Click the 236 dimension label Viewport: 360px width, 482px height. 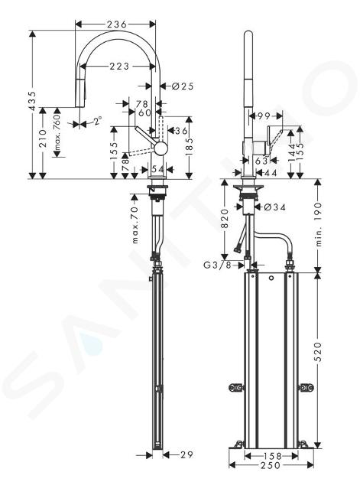117,24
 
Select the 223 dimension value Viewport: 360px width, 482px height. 119,66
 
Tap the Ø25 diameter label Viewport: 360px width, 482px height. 183,86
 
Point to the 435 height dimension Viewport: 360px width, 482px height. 34,100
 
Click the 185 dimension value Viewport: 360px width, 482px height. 190,147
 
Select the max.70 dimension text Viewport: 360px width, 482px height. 135,220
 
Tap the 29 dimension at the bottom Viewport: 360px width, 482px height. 186,454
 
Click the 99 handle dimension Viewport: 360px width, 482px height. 264,116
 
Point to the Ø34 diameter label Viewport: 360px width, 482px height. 274,207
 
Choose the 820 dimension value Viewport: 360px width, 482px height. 225,219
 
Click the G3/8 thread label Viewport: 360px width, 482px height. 217,265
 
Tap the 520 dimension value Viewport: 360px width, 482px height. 318,351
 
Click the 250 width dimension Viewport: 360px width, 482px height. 271,466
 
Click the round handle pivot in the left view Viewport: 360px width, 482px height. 161,148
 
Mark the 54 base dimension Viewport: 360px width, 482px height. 157,169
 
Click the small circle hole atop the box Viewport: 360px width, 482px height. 271,278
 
